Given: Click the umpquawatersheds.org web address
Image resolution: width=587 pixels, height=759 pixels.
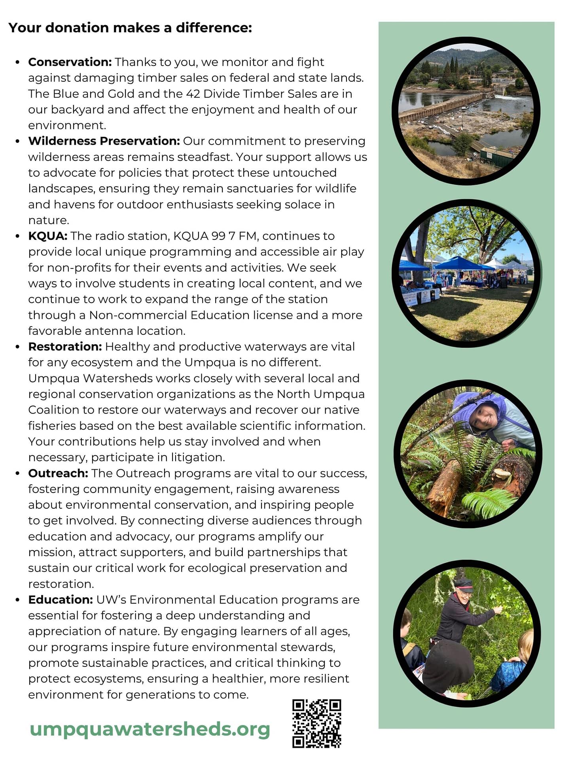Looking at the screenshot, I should pos(150,729).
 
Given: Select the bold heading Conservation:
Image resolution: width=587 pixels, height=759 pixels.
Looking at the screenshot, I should pos(70,62).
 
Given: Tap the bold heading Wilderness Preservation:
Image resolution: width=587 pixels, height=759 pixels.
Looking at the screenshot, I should pos(104,141).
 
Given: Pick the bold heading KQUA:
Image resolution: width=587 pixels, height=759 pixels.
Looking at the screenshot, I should pos(47,236).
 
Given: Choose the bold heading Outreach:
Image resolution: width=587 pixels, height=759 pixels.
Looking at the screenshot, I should pos(58,473).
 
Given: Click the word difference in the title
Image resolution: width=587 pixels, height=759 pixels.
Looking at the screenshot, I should pos(214,28).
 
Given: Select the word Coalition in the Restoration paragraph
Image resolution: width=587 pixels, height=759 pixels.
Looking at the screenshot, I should pos(53,410).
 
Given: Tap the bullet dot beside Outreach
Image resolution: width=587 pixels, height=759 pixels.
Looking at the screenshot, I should pos(17,474).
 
